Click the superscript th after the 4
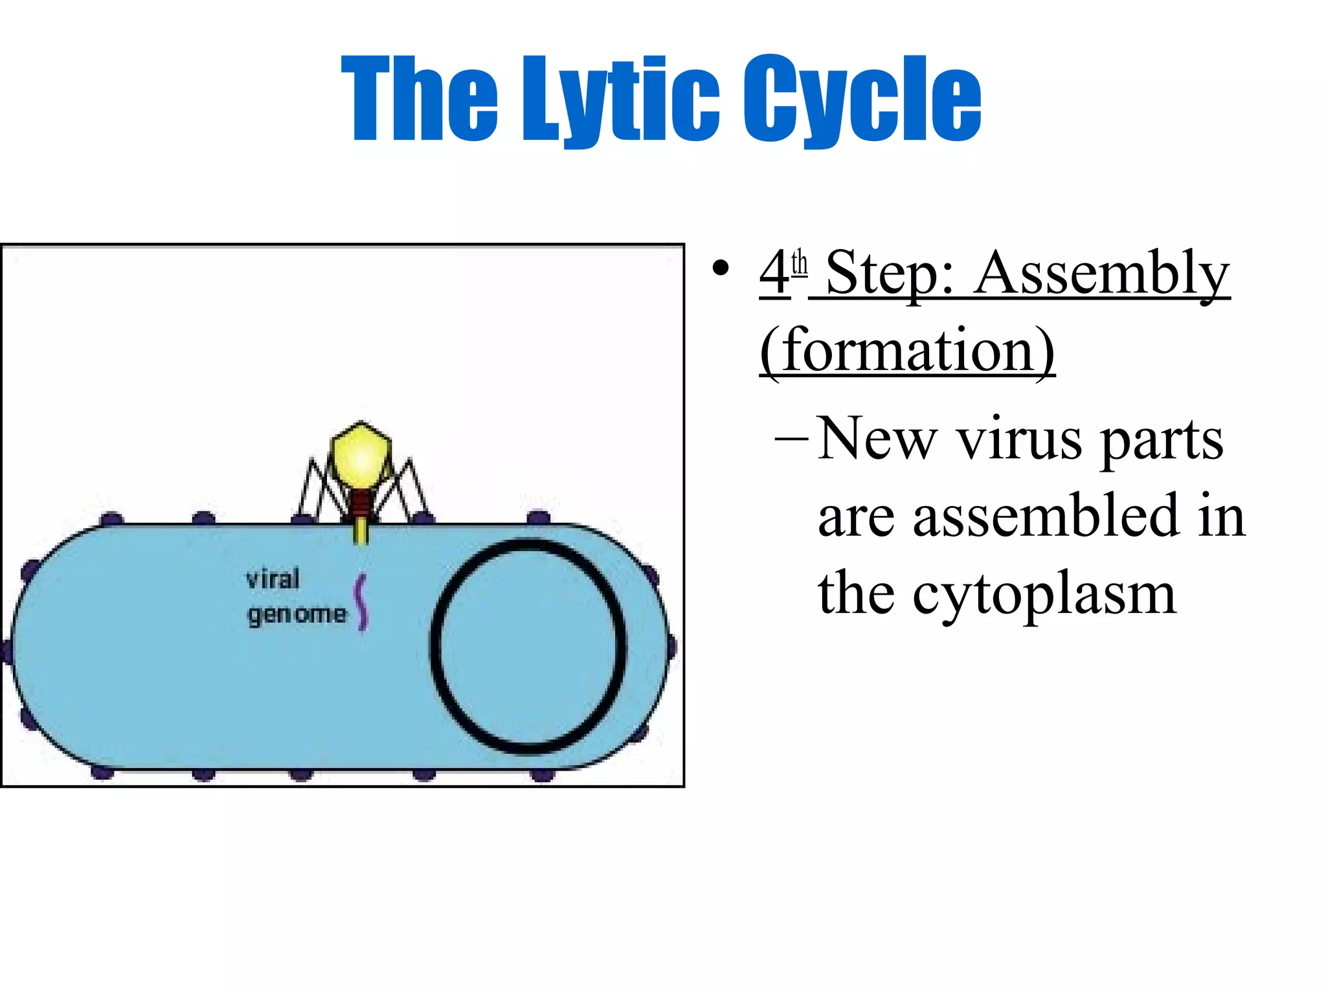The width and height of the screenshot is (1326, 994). point(800,263)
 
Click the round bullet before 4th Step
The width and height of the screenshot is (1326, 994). point(720,269)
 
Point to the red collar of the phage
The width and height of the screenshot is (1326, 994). point(361,501)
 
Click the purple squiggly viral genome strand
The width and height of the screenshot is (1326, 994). point(361,602)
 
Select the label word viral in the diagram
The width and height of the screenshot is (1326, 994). point(273,579)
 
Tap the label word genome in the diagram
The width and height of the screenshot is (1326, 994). point(297,614)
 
